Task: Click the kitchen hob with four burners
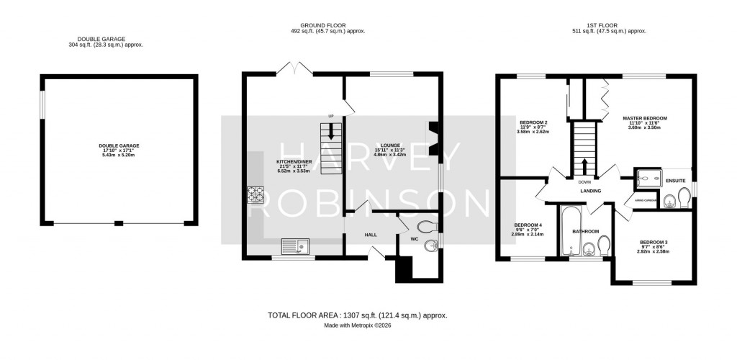[x=257, y=194]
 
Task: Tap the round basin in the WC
[x=430, y=247]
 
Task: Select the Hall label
[x=371, y=235]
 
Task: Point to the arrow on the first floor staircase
[x=584, y=165]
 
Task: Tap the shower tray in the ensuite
[x=649, y=176]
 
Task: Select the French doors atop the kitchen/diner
[x=294, y=69]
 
